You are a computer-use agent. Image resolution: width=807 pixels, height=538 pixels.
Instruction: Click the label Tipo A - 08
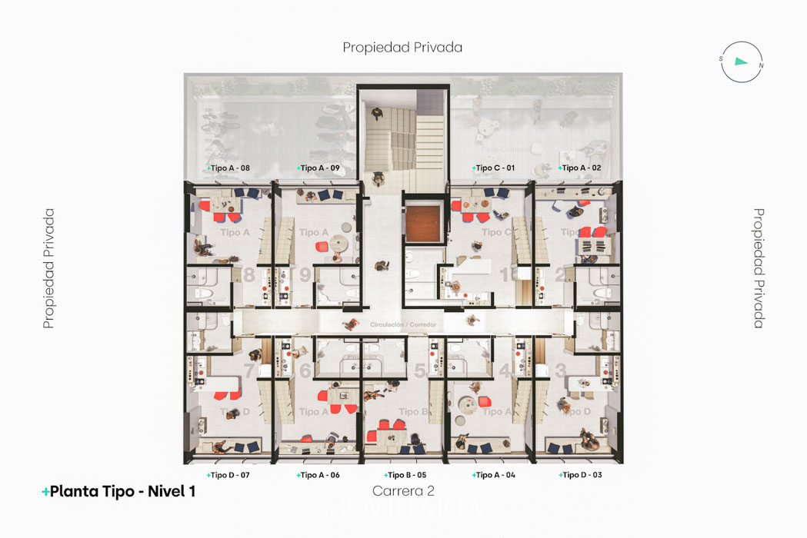click(x=228, y=168)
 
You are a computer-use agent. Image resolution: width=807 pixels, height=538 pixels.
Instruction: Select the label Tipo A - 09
click(x=318, y=168)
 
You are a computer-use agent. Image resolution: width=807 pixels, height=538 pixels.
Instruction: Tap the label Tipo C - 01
click(x=494, y=168)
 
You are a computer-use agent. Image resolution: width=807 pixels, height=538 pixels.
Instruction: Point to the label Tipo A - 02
click(x=581, y=168)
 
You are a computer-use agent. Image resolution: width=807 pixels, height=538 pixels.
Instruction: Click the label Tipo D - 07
click(x=228, y=475)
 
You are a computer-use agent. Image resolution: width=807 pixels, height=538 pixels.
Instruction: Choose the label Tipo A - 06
click(x=318, y=475)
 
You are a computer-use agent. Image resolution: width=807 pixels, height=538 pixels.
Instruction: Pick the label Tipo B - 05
click(x=405, y=475)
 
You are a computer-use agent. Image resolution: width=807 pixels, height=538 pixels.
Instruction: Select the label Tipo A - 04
click(x=494, y=475)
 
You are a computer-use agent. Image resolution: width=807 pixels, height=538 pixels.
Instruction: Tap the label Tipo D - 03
click(x=581, y=475)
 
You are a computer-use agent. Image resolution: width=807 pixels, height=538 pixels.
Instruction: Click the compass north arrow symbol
click(x=742, y=61)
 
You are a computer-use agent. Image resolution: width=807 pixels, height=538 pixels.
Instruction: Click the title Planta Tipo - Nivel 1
click(x=119, y=492)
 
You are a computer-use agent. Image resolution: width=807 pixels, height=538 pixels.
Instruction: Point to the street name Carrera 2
click(x=403, y=491)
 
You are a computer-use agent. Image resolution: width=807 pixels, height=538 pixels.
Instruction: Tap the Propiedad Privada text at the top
click(x=402, y=47)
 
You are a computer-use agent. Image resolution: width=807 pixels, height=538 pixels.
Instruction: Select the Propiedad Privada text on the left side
click(x=49, y=268)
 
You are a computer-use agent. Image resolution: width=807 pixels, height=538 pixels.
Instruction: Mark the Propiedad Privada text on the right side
click(x=758, y=268)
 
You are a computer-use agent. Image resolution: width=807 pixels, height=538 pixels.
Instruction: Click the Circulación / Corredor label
click(x=403, y=325)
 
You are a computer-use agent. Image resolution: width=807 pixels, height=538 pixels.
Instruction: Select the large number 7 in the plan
click(x=249, y=371)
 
